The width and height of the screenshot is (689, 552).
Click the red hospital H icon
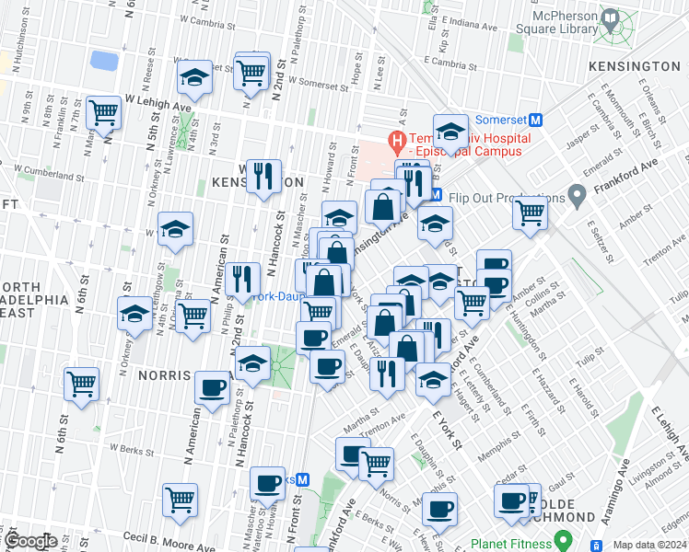[x=398, y=142]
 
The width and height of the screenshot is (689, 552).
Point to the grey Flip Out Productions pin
[x=578, y=196]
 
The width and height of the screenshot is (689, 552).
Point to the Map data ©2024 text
[x=649, y=545]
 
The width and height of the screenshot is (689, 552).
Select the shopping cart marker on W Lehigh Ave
[x=103, y=113]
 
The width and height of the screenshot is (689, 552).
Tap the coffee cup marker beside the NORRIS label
[x=213, y=386]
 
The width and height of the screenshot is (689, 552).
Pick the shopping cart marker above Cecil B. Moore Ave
[x=180, y=500]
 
